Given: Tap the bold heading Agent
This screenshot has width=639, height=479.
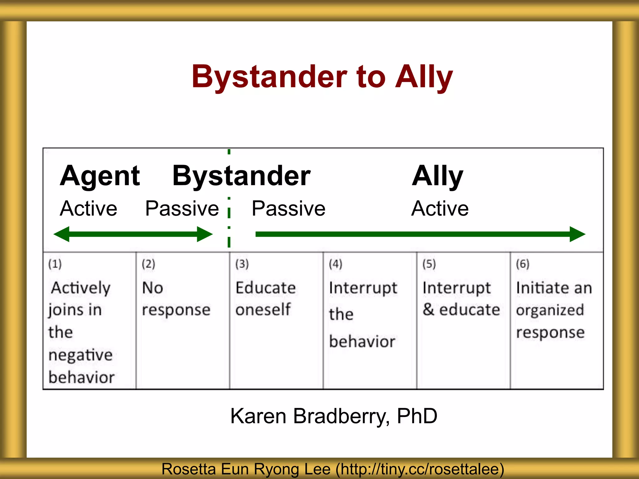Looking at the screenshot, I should click(x=100, y=176).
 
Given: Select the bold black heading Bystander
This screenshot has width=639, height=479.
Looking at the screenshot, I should click(x=241, y=176).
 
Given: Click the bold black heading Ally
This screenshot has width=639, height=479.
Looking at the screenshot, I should click(x=437, y=176).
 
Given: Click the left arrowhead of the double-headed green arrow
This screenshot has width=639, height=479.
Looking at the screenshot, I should click(x=61, y=234).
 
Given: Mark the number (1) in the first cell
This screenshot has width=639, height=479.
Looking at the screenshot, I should click(x=55, y=264).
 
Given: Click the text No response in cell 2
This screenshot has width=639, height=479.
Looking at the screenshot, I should click(x=176, y=299).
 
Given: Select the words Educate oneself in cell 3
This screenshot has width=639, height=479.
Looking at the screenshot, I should click(x=265, y=299).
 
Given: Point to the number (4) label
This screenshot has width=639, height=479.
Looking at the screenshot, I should click(x=335, y=264).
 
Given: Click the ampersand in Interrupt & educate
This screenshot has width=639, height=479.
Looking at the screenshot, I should click(x=429, y=309).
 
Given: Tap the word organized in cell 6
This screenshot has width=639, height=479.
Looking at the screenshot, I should click(x=550, y=310).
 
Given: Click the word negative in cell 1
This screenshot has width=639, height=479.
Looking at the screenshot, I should click(x=80, y=355).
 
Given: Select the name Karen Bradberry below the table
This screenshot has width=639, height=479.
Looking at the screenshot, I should click(x=309, y=416).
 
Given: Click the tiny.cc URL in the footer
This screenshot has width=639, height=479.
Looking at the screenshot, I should click(x=420, y=469).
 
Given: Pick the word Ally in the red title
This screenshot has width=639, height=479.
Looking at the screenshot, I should click(x=424, y=77).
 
